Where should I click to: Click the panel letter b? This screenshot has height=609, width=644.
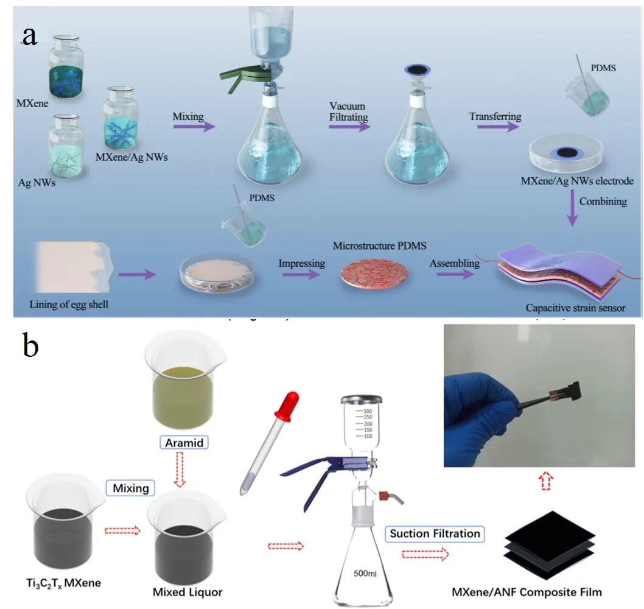coord(30,345)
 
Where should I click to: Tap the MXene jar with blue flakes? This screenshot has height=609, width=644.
coord(65,68)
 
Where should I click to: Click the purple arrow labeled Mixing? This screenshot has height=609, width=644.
coord(194,127)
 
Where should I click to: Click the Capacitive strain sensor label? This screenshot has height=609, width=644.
coord(575,308)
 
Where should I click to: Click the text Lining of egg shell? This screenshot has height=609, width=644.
coord(69,303)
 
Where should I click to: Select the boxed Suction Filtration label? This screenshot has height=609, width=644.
coord(435,534)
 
